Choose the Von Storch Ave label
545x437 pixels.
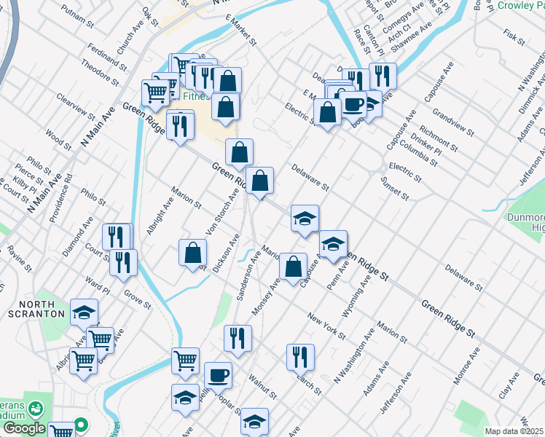pos(223,212)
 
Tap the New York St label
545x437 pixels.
pos(326,325)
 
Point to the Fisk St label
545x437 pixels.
pos(514,35)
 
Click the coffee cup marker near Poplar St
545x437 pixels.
pos(218,377)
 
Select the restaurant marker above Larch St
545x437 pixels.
pos(300,357)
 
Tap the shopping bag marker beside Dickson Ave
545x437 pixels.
pos(193,253)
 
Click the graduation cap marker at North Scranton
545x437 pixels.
pos(84,312)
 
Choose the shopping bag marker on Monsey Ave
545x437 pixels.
pos(293,267)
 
